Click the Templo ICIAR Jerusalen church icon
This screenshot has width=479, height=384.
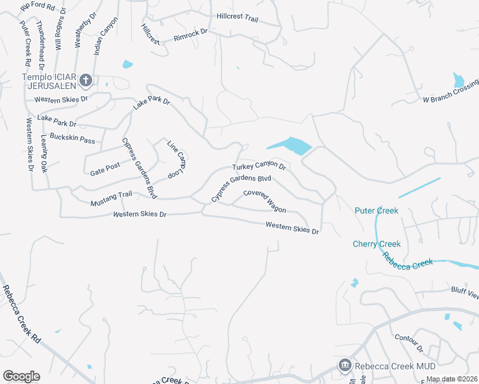(86, 80)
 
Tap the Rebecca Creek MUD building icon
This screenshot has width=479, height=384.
(345, 365)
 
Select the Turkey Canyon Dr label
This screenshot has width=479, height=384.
(258, 166)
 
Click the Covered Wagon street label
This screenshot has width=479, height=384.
(264, 201)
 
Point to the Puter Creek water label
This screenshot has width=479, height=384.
(377, 211)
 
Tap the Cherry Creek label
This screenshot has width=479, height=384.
(377, 244)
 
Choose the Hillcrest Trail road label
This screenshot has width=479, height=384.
(237, 17)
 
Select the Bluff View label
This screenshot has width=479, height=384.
(464, 294)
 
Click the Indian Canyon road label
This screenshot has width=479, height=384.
(106, 36)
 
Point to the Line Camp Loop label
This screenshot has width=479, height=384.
(176, 159)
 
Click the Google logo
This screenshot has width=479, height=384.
(21, 376)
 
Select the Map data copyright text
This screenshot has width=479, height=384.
(451, 379)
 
